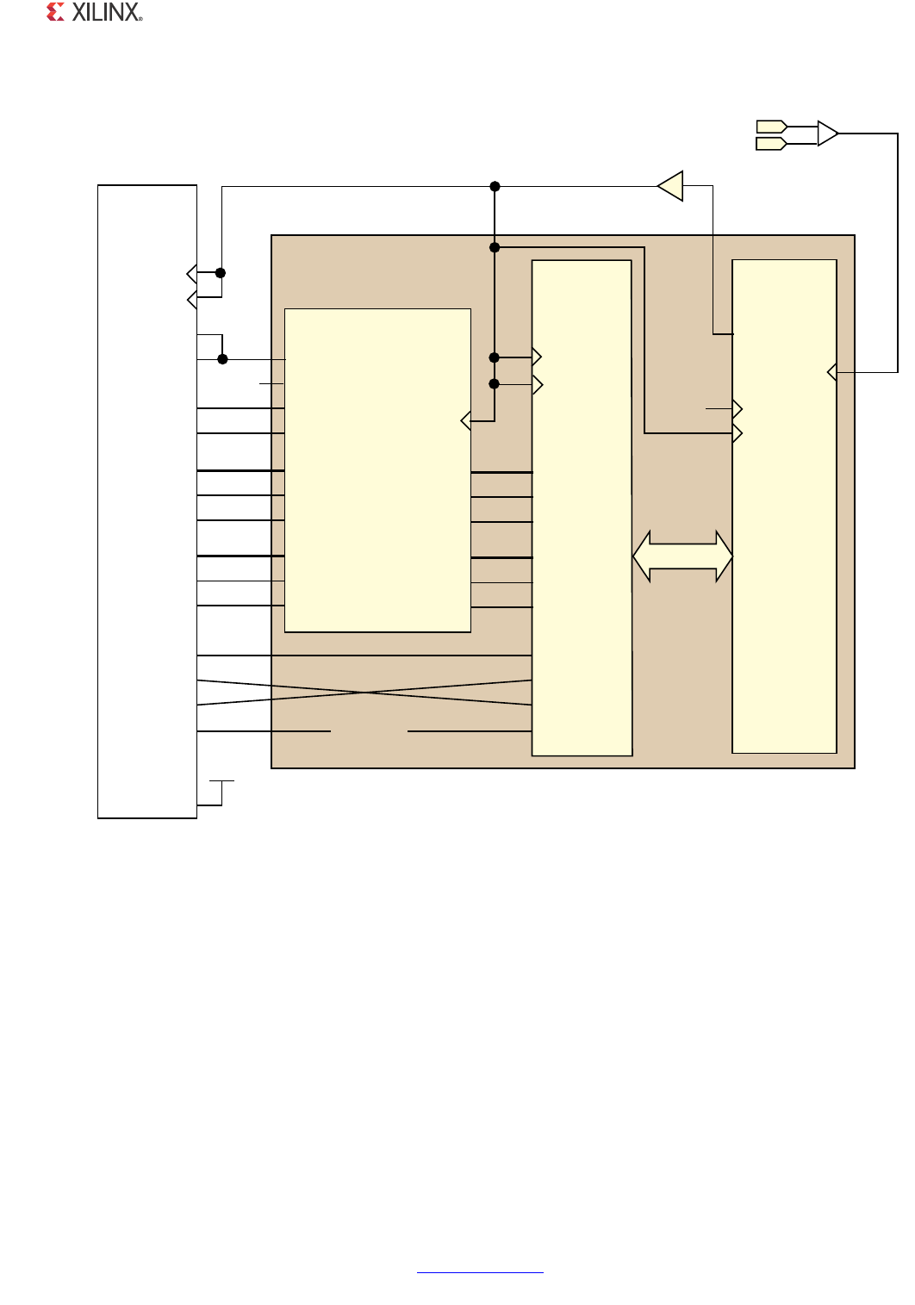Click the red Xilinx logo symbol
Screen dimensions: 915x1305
click(x=55, y=12)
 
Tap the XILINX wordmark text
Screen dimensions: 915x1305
click(x=107, y=12)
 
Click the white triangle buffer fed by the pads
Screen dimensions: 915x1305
click(x=828, y=134)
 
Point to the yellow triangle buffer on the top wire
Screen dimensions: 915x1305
click(x=671, y=186)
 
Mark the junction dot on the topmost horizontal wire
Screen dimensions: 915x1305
click(x=495, y=186)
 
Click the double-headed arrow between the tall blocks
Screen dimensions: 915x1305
click(x=682, y=556)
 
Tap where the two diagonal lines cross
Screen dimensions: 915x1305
click(x=364, y=692)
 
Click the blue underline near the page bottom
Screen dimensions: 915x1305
click(x=480, y=1272)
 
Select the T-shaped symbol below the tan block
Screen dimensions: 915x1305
click(x=221, y=792)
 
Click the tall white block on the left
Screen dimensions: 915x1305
click(x=147, y=501)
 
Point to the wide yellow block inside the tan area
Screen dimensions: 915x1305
click(x=377, y=470)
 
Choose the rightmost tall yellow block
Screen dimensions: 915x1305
click(x=784, y=506)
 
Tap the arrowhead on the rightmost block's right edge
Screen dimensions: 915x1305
click(x=832, y=372)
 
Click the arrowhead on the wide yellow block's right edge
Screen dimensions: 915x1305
click(x=465, y=420)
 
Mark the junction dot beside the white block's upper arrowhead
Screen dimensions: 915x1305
click(x=221, y=273)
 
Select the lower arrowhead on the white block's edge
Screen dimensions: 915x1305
click(x=192, y=300)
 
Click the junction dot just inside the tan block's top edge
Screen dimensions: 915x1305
click(x=495, y=247)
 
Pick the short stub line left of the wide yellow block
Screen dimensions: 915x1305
click(x=271, y=383)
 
